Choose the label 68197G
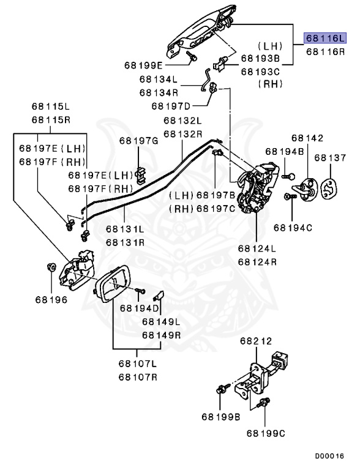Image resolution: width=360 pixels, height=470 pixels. point(138,141)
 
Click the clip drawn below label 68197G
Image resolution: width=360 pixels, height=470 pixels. point(139,174)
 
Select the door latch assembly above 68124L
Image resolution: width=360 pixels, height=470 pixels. point(258,187)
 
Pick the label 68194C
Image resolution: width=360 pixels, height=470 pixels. point(293,228)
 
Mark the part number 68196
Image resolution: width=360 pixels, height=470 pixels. point(51,300)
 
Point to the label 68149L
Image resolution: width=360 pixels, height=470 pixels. point(161,321)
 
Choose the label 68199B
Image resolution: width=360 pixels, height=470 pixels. point(220,418)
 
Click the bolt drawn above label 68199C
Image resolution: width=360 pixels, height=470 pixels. point(266,403)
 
